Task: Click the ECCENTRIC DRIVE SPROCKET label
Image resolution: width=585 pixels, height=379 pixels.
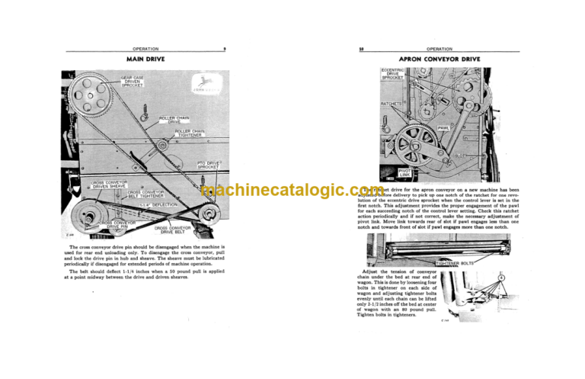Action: tap(394, 74)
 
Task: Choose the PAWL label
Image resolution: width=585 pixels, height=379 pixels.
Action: tap(444, 129)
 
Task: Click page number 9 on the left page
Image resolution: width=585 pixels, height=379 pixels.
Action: tap(224, 49)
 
